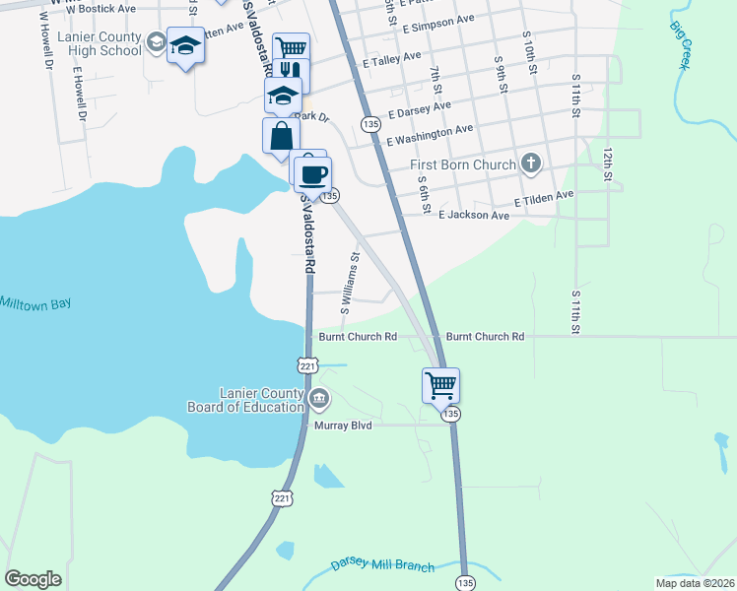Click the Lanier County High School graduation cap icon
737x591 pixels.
point(185,45)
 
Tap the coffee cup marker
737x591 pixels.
point(313,174)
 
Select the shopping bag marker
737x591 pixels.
point(281,135)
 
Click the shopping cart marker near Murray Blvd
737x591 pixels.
point(440,384)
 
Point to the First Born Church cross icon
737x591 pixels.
point(531,163)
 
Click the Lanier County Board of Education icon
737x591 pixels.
point(319,399)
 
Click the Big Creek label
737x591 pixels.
point(680,45)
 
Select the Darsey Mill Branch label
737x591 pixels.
point(383,563)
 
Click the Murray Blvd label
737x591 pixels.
point(341,426)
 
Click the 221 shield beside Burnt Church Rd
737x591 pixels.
point(307,365)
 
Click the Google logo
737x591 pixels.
point(33,579)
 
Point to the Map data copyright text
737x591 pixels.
point(694,582)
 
